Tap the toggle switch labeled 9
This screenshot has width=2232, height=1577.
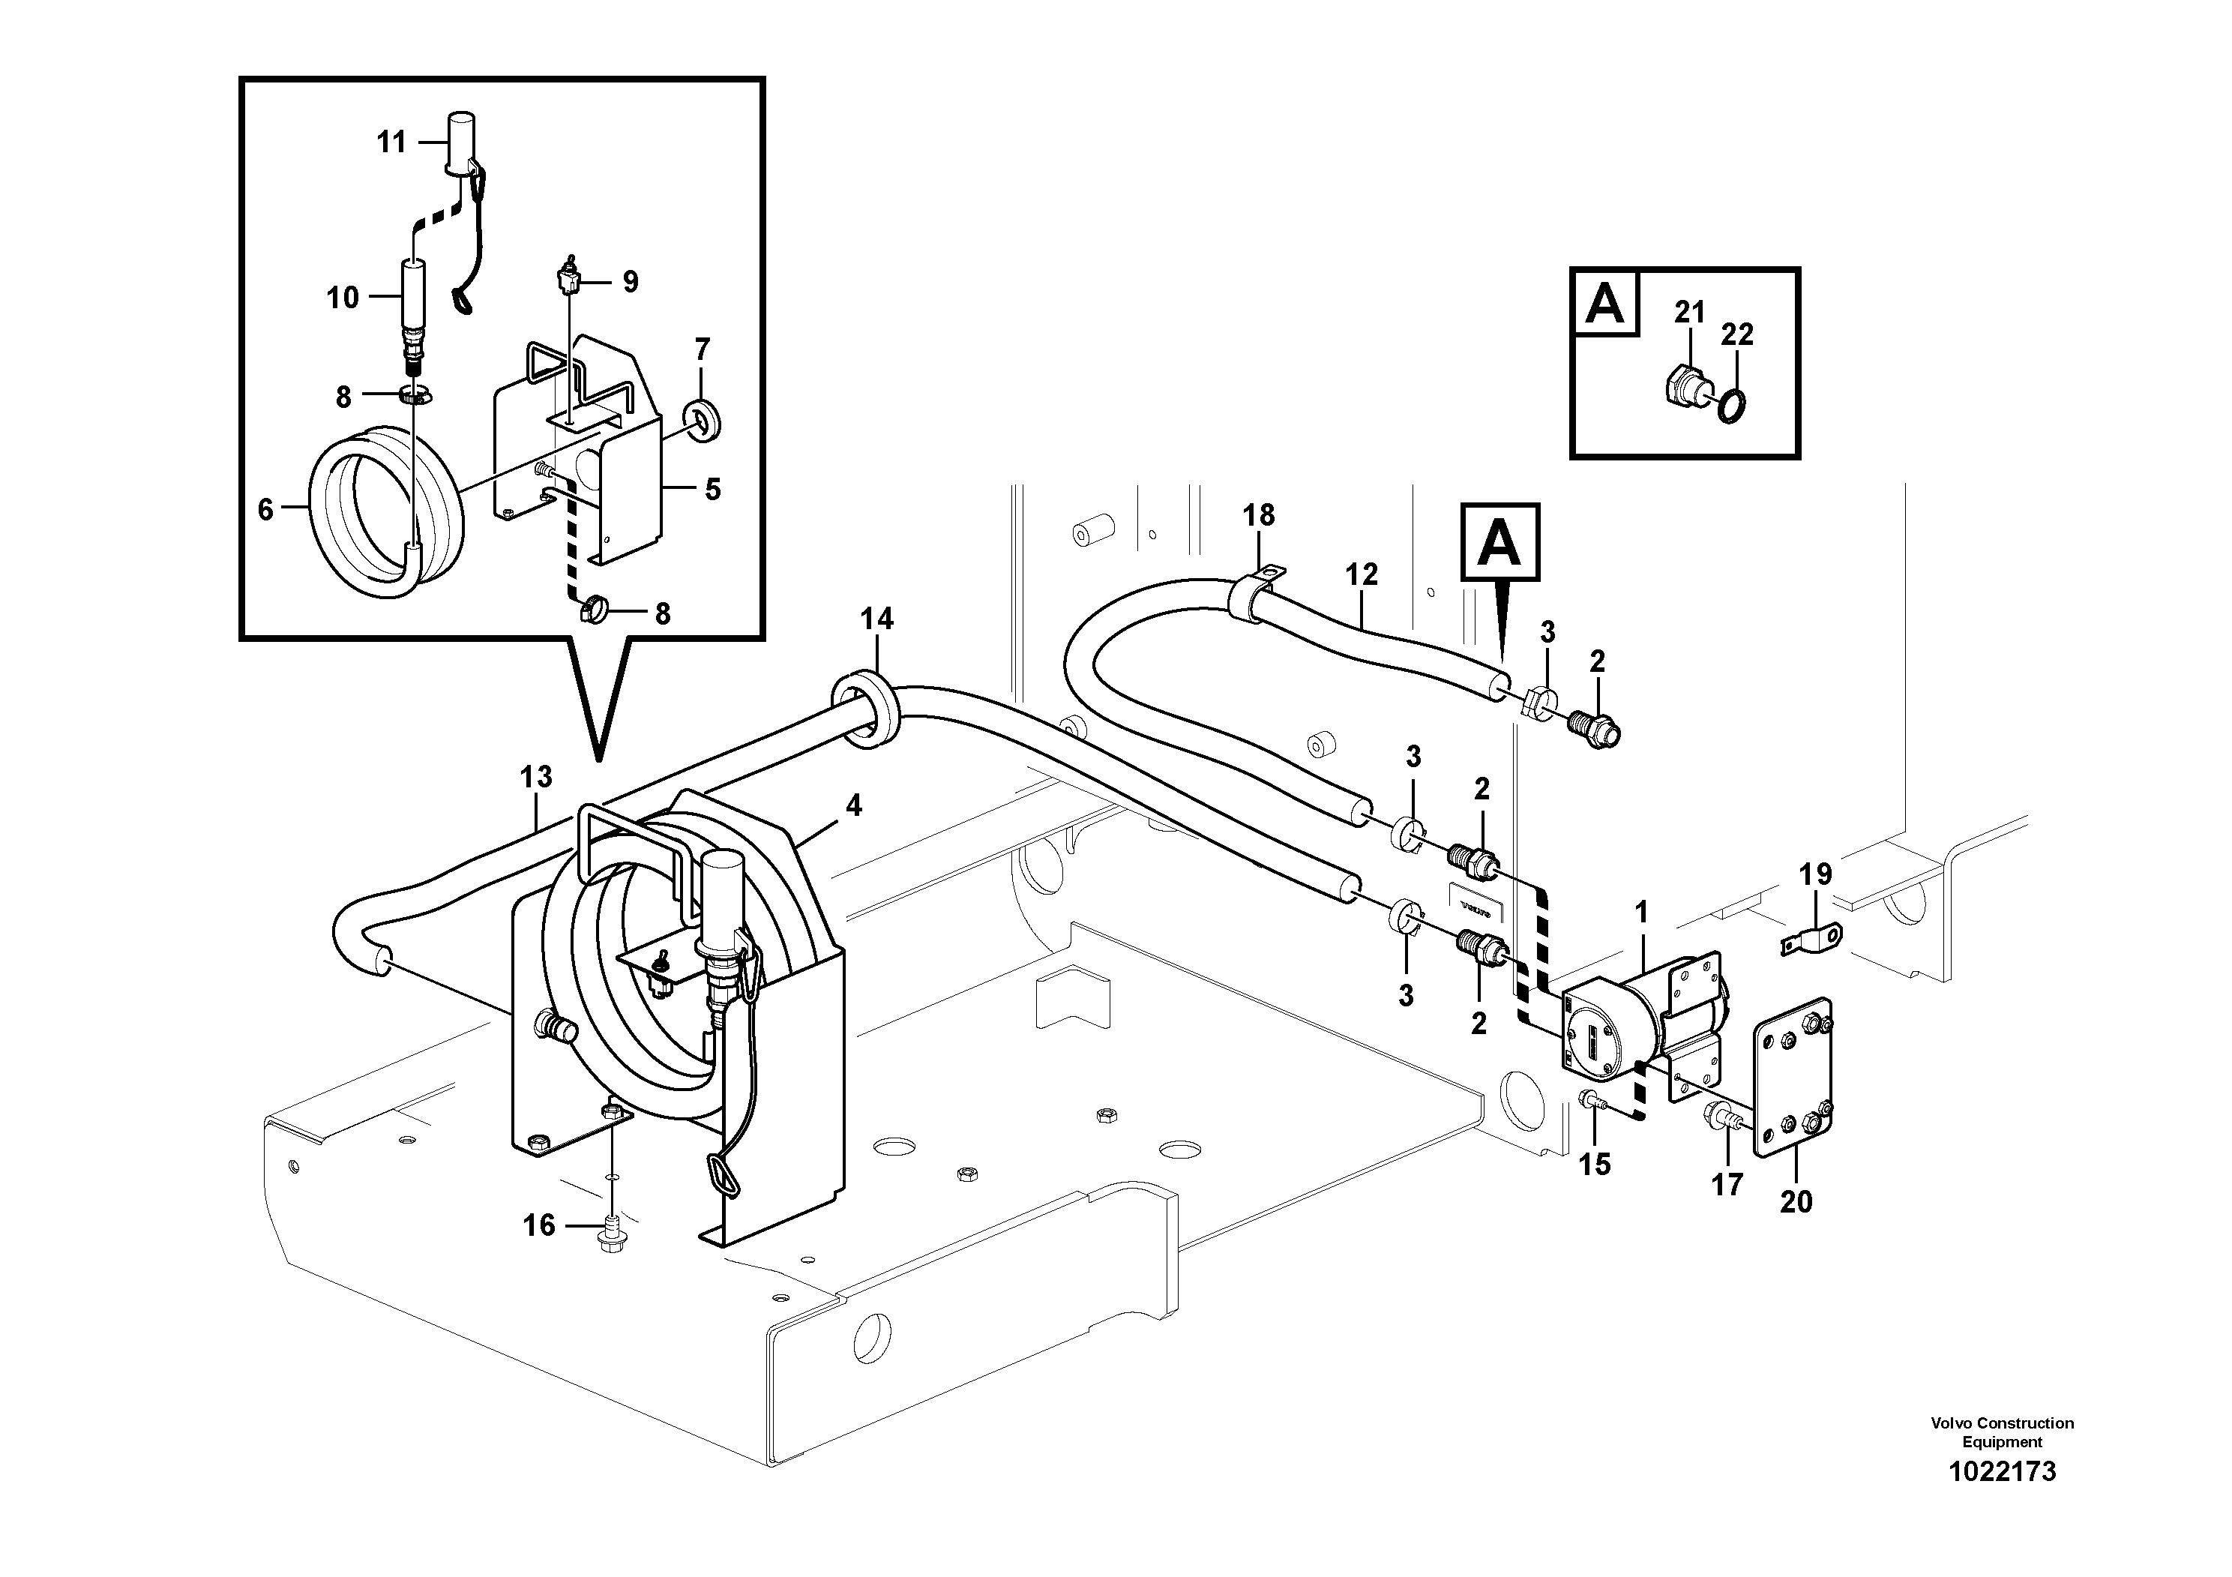[x=568, y=281]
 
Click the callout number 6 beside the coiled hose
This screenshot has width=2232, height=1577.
[x=265, y=509]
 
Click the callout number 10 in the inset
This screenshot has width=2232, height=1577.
[x=342, y=298]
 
